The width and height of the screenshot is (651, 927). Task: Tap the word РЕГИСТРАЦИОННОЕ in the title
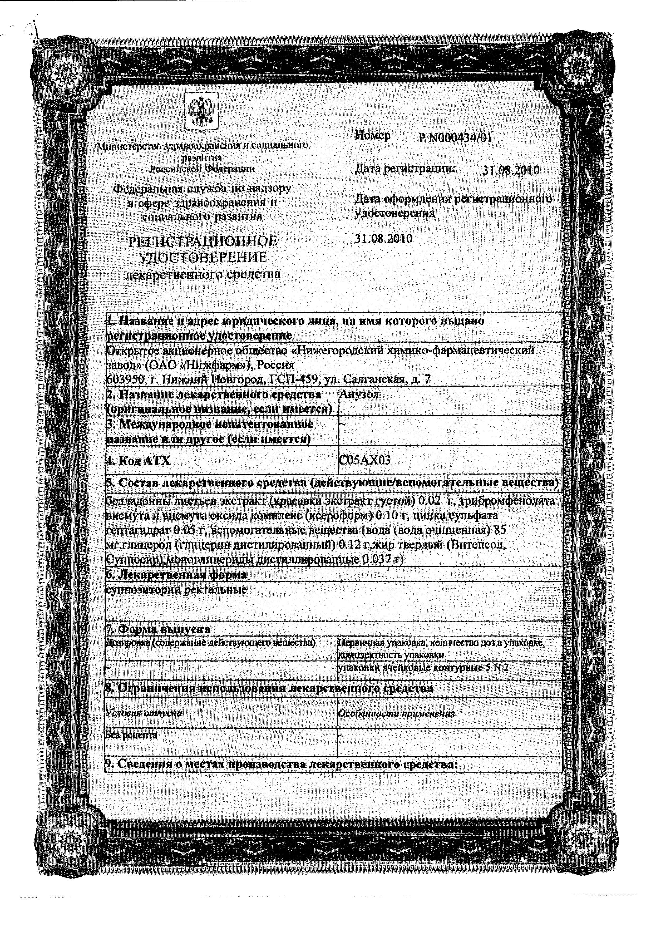[x=203, y=241]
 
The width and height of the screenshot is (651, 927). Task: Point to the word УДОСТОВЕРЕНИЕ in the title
[x=203, y=258]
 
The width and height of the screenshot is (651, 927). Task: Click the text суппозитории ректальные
[x=176, y=590]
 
